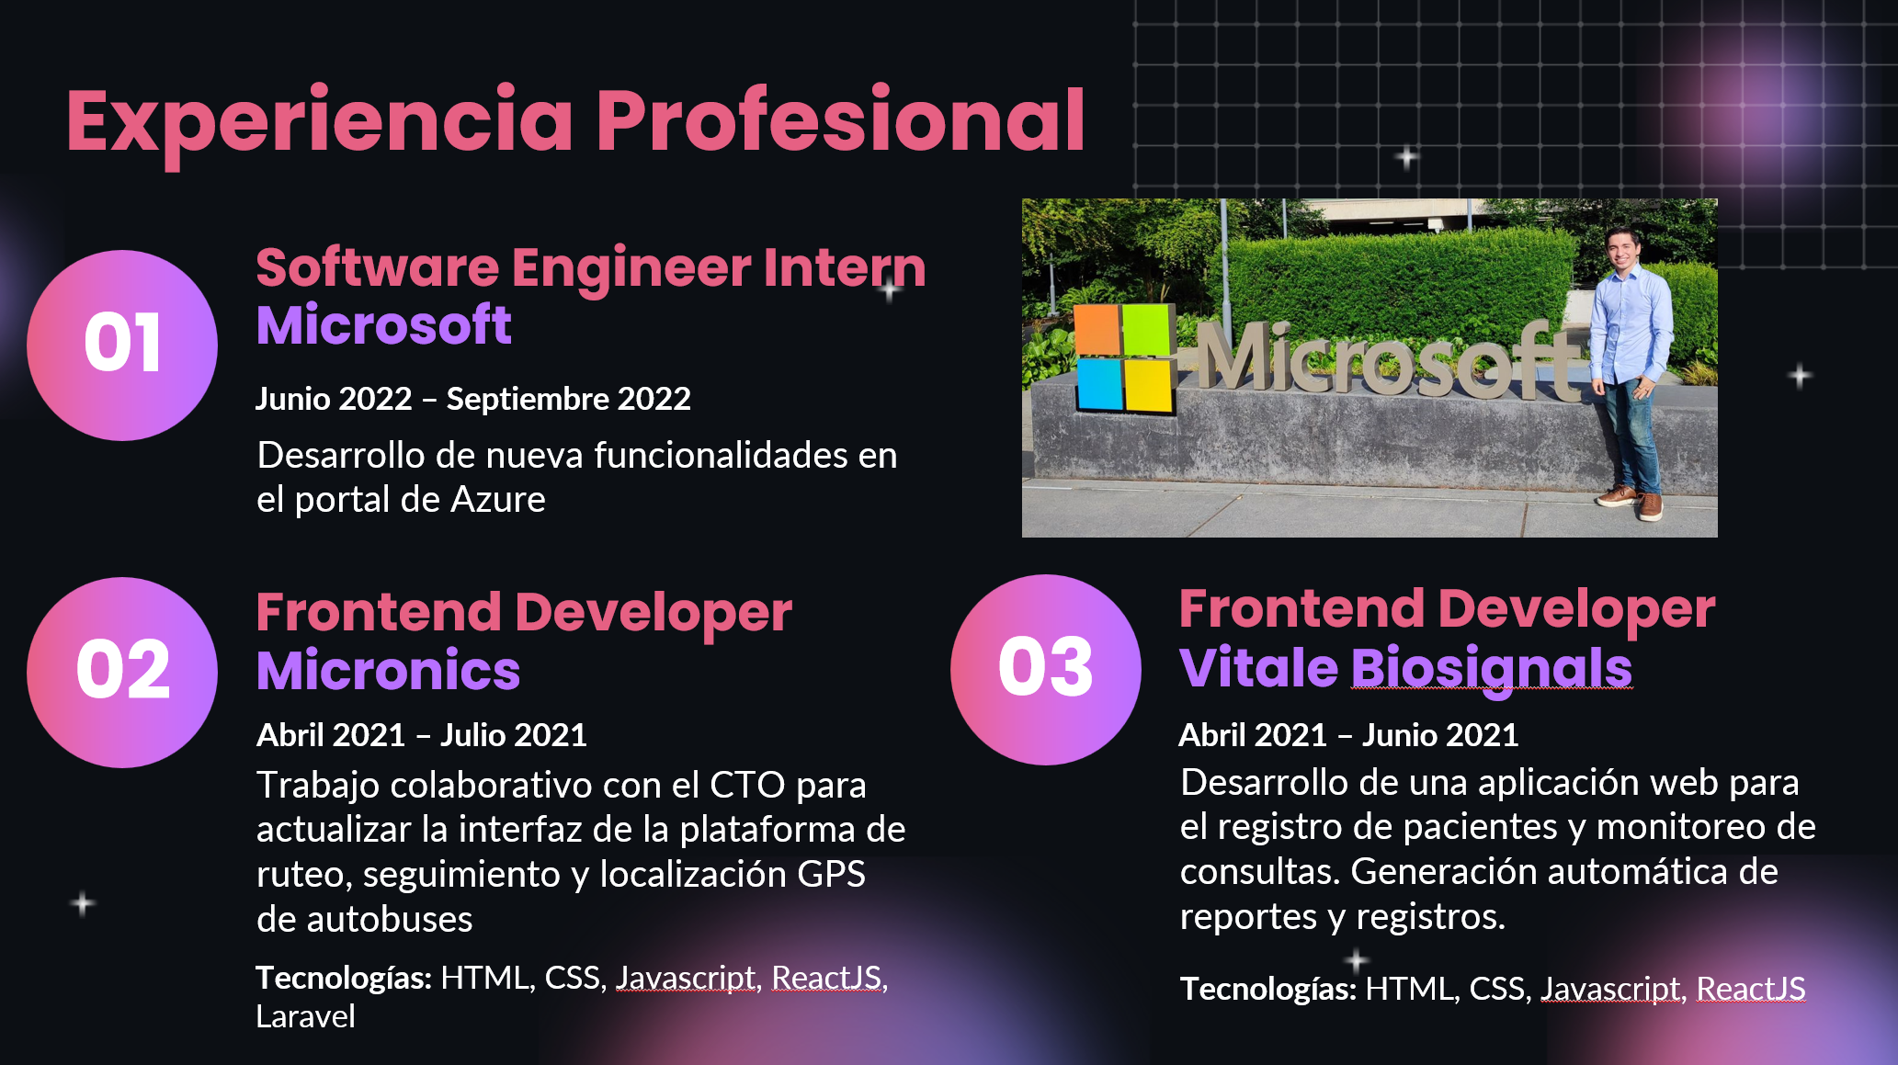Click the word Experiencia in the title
pos(320,121)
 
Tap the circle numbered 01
pos(122,345)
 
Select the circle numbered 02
pos(122,672)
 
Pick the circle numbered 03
pos(1045,669)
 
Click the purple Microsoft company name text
pos(383,325)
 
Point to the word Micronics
pos(388,670)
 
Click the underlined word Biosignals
pos(1491,668)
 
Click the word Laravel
pos(305,1016)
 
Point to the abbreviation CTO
pos(747,786)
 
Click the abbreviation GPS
pos(831,875)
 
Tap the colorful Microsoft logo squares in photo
pos(1124,357)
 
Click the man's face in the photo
pos(1622,249)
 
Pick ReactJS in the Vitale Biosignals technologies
pos(1750,989)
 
